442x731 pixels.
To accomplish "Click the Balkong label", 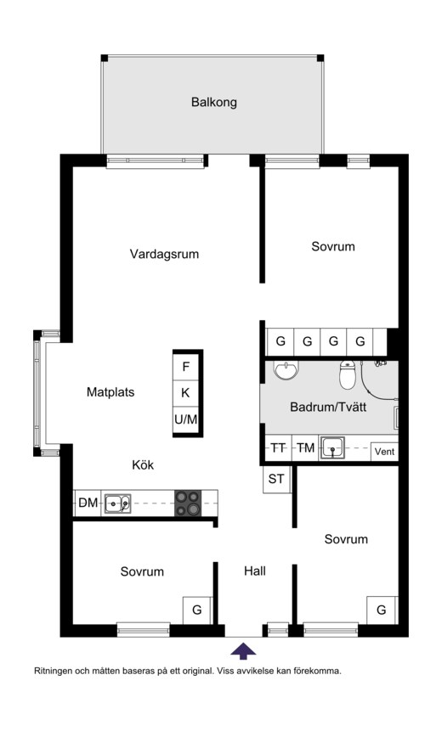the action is pos(213,102).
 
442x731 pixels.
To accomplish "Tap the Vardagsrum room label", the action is pos(164,254).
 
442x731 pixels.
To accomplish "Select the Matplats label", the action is pos(110,392).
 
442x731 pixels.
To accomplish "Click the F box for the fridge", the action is pos(186,367).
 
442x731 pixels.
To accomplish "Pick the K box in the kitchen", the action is pos(186,393).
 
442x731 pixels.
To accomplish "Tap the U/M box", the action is pos(186,419).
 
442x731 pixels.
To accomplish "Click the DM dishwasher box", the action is pos(88,503).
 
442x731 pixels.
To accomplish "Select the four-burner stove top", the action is pos(188,503).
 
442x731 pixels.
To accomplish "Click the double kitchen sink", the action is pos(117,503).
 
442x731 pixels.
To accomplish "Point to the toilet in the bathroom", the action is pos(348,374).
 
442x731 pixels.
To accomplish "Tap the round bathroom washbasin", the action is pos(286,369).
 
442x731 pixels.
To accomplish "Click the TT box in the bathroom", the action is pos(278,448).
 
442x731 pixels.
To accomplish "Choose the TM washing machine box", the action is pos(305,448).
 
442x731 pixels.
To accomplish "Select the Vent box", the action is pos(384,452).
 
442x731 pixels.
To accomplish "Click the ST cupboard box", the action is pos(276,479).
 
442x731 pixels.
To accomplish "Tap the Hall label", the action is pos(255,571).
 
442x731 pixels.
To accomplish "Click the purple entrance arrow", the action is pos(243,651).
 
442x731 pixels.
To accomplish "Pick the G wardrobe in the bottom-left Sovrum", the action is pos(197,610).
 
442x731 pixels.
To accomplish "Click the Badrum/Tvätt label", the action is pos(328,407).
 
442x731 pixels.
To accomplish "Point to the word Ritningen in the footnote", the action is pos(54,672).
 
